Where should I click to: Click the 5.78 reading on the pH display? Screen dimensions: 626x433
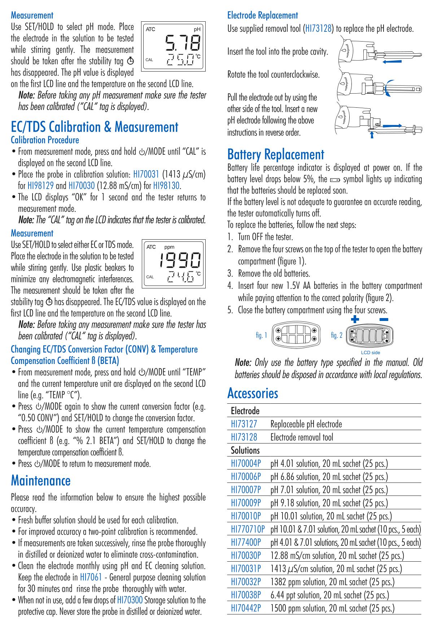click(x=182, y=43)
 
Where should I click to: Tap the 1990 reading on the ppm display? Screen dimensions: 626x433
click(x=180, y=260)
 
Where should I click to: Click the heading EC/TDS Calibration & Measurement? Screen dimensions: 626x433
click(x=95, y=127)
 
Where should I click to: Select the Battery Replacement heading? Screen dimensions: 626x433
click(x=276, y=154)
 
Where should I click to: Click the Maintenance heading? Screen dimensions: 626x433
click(x=41, y=480)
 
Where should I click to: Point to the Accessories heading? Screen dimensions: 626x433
click(x=253, y=393)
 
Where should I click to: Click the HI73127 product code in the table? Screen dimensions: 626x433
click(x=244, y=424)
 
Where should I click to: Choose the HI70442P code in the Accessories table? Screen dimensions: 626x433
click(x=246, y=608)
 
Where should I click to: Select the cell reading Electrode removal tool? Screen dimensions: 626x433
click(x=302, y=437)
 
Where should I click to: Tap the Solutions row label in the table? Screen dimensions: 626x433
click(x=245, y=450)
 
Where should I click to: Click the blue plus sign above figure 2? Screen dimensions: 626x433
click(x=356, y=319)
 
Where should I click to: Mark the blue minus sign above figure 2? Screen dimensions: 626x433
click(x=384, y=319)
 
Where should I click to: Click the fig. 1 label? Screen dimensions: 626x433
click(x=261, y=335)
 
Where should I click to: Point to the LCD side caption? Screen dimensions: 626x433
click(x=370, y=352)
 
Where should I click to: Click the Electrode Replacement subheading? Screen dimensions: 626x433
click(x=262, y=15)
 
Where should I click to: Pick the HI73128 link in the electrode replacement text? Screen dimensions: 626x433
click(x=318, y=29)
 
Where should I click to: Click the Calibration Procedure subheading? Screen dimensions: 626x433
click(x=45, y=140)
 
